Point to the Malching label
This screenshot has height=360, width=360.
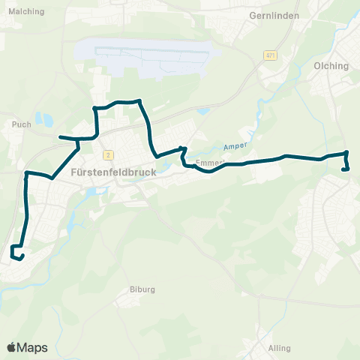24,11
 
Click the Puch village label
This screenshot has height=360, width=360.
22,124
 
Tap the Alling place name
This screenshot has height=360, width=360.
278,349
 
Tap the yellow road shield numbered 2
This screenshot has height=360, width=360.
109,154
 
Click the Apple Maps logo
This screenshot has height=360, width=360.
27,347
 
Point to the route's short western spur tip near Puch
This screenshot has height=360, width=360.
61,137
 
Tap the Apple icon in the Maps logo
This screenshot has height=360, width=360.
11,347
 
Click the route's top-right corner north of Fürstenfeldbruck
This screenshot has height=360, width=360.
140,100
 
